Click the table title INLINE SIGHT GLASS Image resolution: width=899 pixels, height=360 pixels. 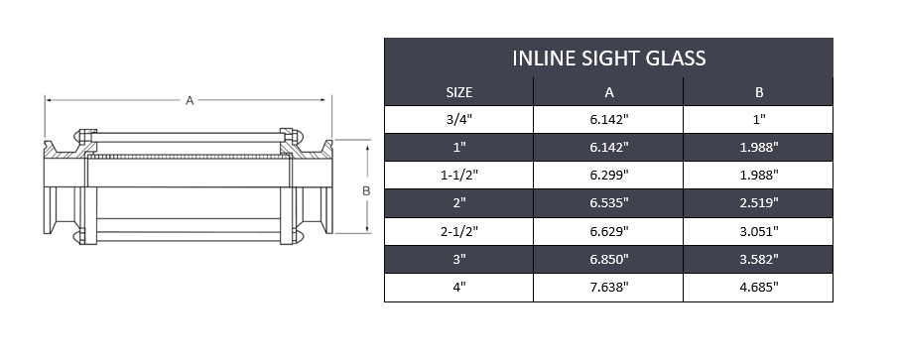608,59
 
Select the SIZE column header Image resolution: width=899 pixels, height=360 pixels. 458,92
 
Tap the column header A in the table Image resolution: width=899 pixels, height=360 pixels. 608,92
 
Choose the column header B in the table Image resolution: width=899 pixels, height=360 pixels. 758,92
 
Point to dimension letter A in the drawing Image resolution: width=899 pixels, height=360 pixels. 189,99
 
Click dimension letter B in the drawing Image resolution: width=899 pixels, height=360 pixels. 366,188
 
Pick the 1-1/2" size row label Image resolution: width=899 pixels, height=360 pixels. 458,176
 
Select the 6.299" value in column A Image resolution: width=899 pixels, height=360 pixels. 608,176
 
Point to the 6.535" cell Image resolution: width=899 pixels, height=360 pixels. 608,203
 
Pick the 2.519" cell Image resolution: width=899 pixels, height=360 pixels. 758,203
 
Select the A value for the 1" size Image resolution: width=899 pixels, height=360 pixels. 608,148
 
